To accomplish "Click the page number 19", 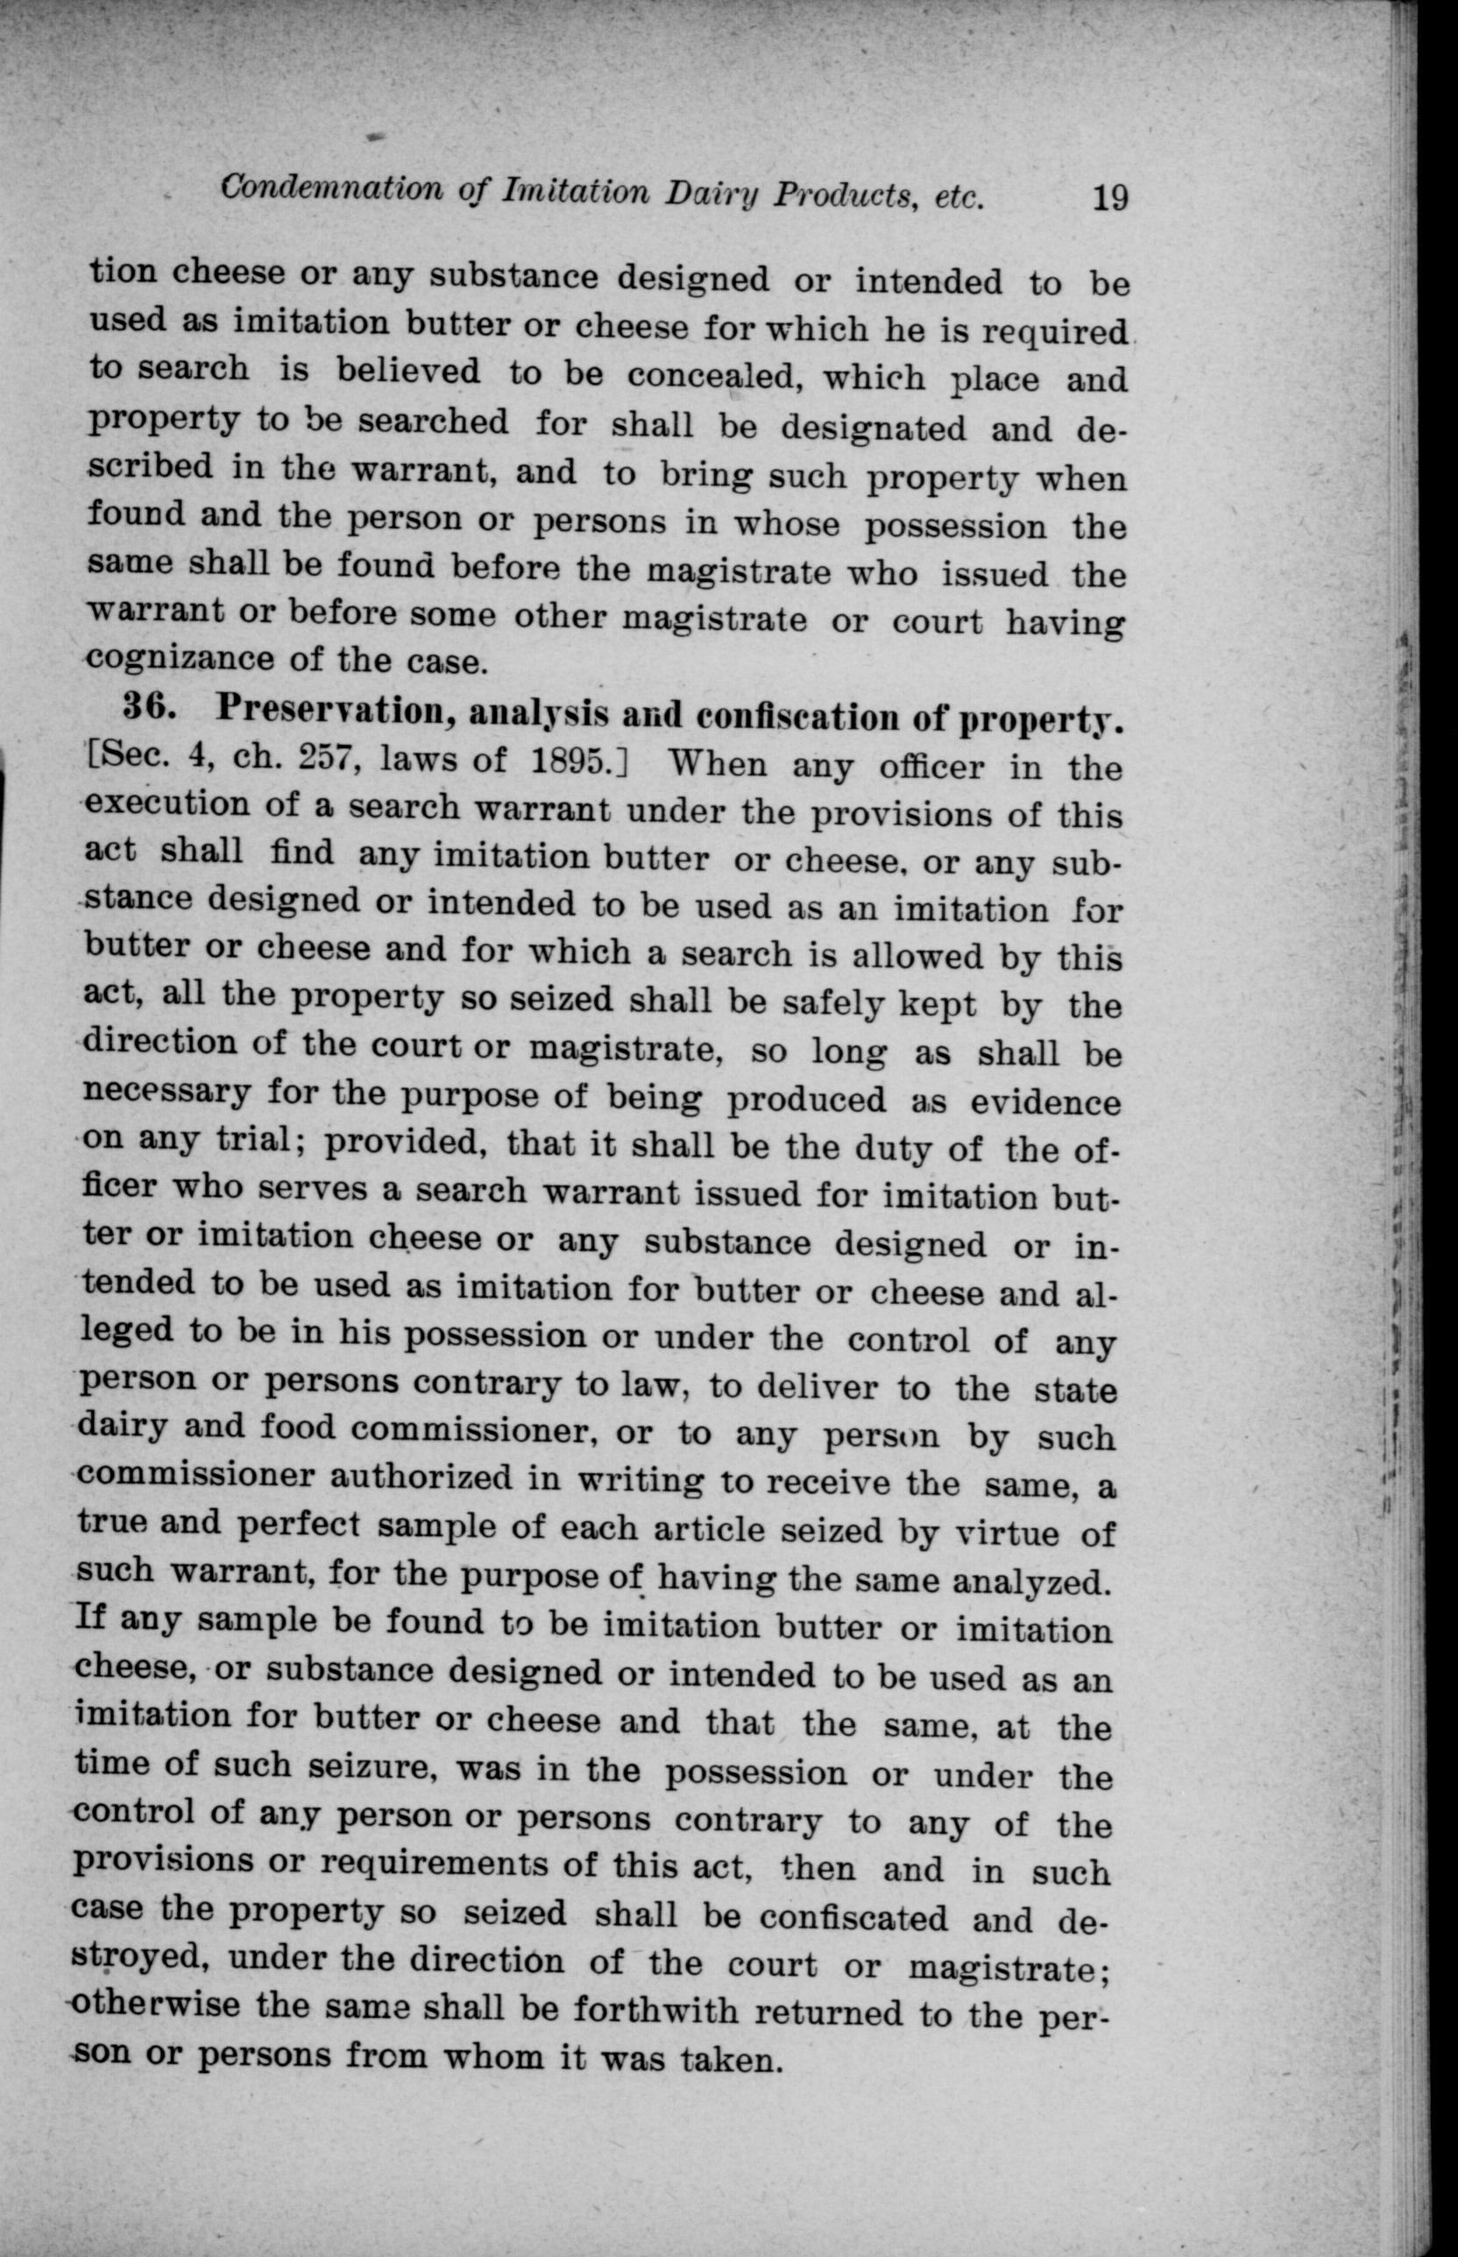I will [1109, 199].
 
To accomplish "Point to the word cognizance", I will [179, 657].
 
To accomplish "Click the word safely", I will [827, 1002].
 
